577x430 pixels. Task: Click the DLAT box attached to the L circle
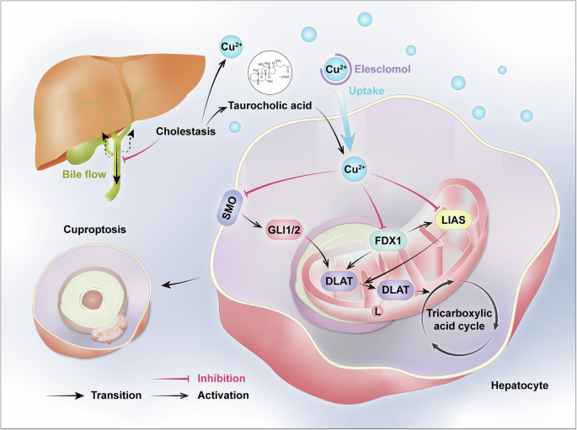tap(395, 290)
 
